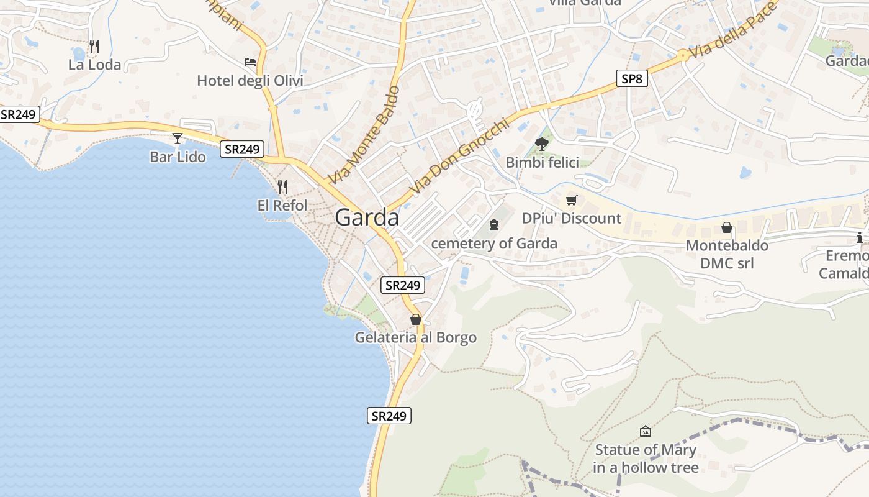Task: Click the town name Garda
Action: pyautogui.click(x=367, y=218)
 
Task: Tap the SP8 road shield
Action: pyautogui.click(x=633, y=79)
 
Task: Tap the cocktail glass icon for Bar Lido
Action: pyautogui.click(x=178, y=138)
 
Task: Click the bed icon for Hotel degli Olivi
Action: pyautogui.click(x=250, y=62)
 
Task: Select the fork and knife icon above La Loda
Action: pyautogui.click(x=94, y=46)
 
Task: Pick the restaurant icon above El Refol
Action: pyautogui.click(x=282, y=186)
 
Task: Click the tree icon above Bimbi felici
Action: pyautogui.click(x=542, y=144)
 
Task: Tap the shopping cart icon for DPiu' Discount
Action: pyautogui.click(x=571, y=200)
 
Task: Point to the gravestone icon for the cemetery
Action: pyautogui.click(x=494, y=224)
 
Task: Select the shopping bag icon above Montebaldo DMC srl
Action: pyautogui.click(x=727, y=227)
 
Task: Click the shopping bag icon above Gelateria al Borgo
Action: pyautogui.click(x=416, y=319)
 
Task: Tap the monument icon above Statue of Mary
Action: pyautogui.click(x=646, y=431)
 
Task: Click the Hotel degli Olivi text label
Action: pyautogui.click(x=250, y=81)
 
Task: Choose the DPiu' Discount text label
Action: pyautogui.click(x=571, y=218)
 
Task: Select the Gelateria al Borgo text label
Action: pyautogui.click(x=416, y=337)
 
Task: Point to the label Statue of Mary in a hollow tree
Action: pyautogui.click(x=646, y=458)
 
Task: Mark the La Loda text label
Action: pyautogui.click(x=94, y=65)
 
